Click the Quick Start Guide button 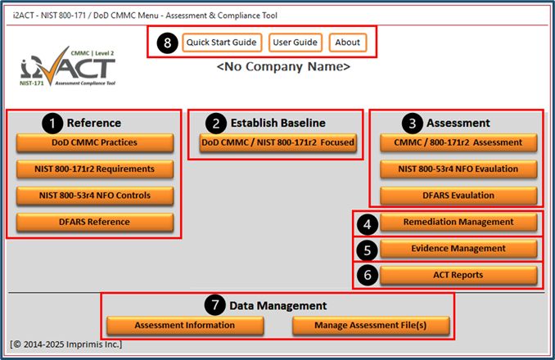click(x=222, y=43)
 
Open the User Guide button click(x=296, y=43)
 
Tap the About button click(x=348, y=43)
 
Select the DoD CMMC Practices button click(x=95, y=142)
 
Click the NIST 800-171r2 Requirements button click(x=95, y=169)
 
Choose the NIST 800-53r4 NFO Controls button click(x=95, y=196)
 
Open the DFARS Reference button click(x=95, y=222)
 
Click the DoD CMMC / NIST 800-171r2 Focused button click(x=277, y=142)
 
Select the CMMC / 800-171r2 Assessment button click(x=458, y=142)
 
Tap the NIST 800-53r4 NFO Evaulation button click(x=458, y=169)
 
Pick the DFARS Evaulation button click(x=458, y=196)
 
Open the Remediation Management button click(x=458, y=222)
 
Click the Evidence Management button click(x=458, y=249)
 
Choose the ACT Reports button click(x=458, y=275)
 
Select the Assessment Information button click(x=185, y=326)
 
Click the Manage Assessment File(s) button click(x=371, y=326)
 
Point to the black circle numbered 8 click(x=168, y=43)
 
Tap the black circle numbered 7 click(x=214, y=304)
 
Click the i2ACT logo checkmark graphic click(x=53, y=67)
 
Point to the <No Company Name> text click(x=283, y=66)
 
